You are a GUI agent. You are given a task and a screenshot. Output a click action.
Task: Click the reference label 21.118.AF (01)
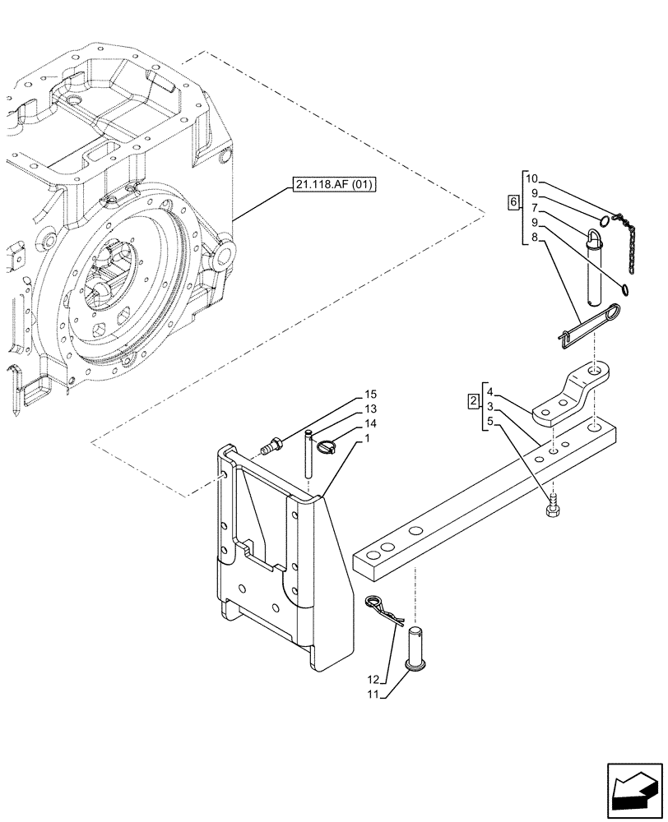pyautogui.click(x=332, y=185)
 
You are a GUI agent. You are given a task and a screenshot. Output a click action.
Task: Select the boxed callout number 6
pyautogui.click(x=513, y=202)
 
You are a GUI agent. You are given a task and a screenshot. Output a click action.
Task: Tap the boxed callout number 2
pyautogui.click(x=472, y=401)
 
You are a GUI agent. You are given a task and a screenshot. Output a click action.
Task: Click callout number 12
pyautogui.click(x=375, y=681)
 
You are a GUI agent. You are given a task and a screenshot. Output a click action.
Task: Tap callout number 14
pyautogui.click(x=370, y=423)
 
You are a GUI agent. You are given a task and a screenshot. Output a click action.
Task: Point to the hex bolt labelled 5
pyautogui.click(x=552, y=507)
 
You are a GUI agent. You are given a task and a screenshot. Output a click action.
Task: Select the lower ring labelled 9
pyautogui.click(x=627, y=289)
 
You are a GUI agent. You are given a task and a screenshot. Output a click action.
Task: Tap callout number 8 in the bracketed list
pyautogui.click(x=535, y=238)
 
